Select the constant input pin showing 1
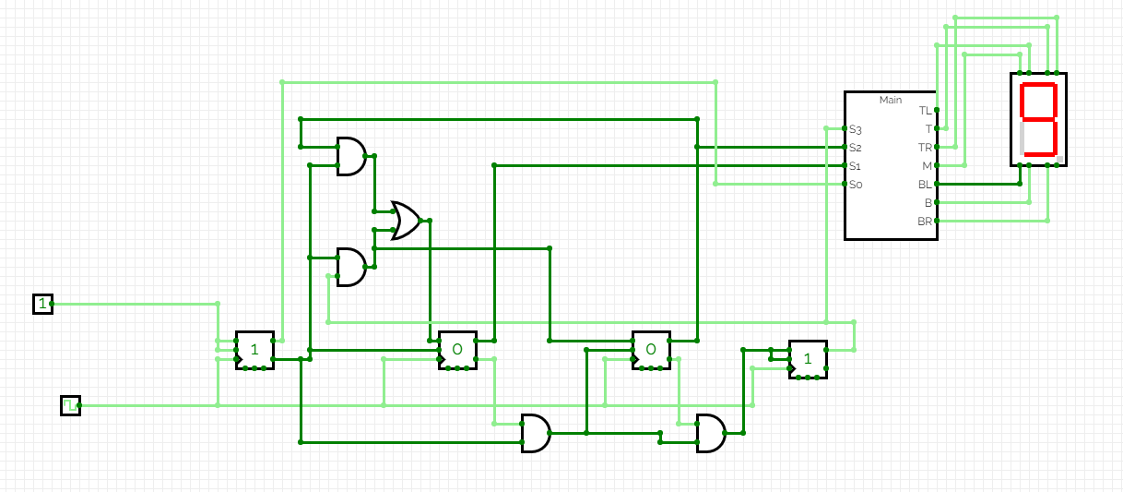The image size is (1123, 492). coord(42,304)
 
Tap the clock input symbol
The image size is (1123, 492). coord(70,405)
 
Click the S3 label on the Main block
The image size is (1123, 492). coord(855,129)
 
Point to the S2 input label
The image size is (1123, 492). coord(855,148)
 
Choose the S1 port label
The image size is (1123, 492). coord(855,166)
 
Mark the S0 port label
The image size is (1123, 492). coord(855,185)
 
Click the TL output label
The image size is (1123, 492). coord(925,111)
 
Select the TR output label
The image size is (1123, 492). coord(925,148)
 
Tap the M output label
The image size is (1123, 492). coord(927,166)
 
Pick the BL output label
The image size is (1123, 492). coord(925,185)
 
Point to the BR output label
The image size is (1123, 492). coord(925,222)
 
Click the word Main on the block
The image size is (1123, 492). coord(891,100)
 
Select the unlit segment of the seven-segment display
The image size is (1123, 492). coord(1023,138)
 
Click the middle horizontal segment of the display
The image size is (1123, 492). coord(1039,120)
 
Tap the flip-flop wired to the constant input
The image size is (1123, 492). coord(254,350)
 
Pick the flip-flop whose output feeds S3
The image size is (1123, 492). coord(808,359)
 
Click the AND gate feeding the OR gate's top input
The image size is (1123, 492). coord(350,156)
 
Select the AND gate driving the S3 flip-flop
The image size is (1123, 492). coord(710,433)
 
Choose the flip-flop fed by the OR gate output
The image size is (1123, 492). coord(457,350)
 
